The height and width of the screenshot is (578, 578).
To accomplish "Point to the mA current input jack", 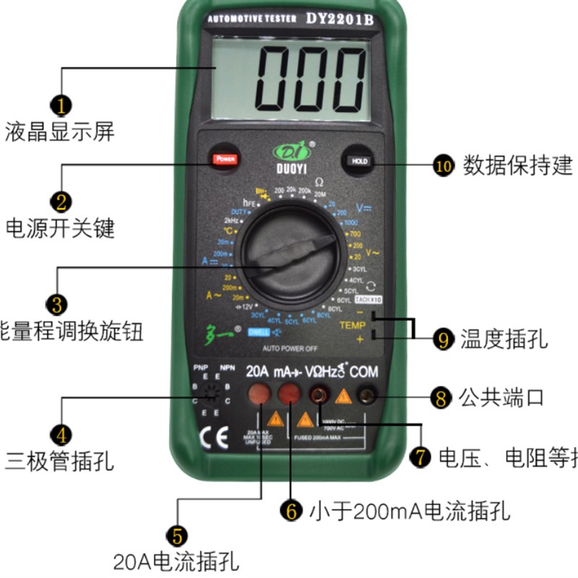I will pyautogui.click(x=290, y=394).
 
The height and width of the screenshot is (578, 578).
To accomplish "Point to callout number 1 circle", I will pyautogui.click(x=63, y=106).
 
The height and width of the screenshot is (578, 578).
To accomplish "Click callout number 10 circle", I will pyautogui.click(x=443, y=165).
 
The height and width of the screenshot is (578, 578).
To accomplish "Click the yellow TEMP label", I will pyautogui.click(x=353, y=326).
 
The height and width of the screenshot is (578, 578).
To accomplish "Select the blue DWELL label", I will pyautogui.click(x=258, y=332).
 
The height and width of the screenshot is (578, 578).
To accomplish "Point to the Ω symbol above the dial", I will pyautogui.click(x=319, y=182).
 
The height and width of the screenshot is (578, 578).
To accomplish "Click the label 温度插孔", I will pyautogui.click(x=504, y=338).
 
